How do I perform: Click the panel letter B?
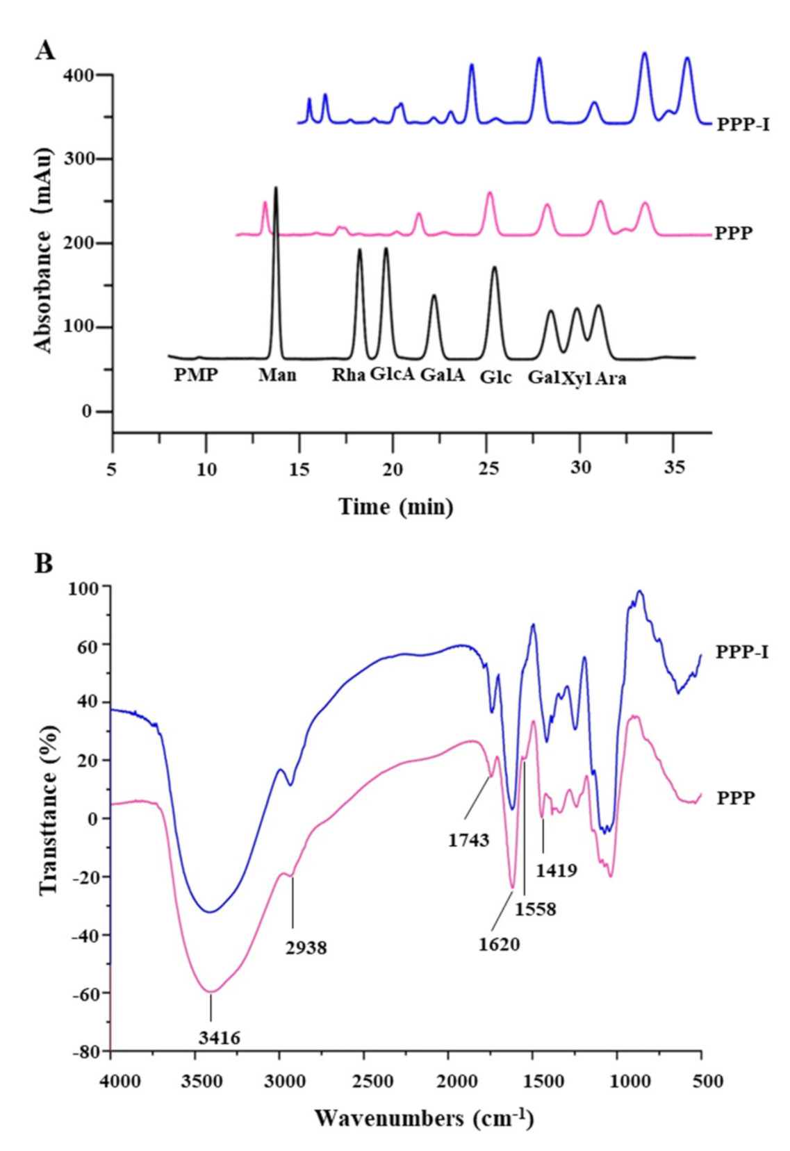pos(44,563)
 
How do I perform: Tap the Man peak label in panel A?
pos(277,376)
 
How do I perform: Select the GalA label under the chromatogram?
pos(443,376)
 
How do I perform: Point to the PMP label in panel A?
pos(196,376)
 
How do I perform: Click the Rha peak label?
pos(349,376)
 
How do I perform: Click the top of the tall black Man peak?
pos(276,188)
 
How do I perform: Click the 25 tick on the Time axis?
pos(486,467)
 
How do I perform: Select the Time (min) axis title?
pos(396,506)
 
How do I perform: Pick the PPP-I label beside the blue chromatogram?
pos(743,126)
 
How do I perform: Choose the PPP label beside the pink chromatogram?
pos(734,233)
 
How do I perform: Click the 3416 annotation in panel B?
pos(219,1038)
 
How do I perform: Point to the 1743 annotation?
pos(468,841)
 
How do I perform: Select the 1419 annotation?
pos(557,869)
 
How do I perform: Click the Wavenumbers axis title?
pos(424,1118)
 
